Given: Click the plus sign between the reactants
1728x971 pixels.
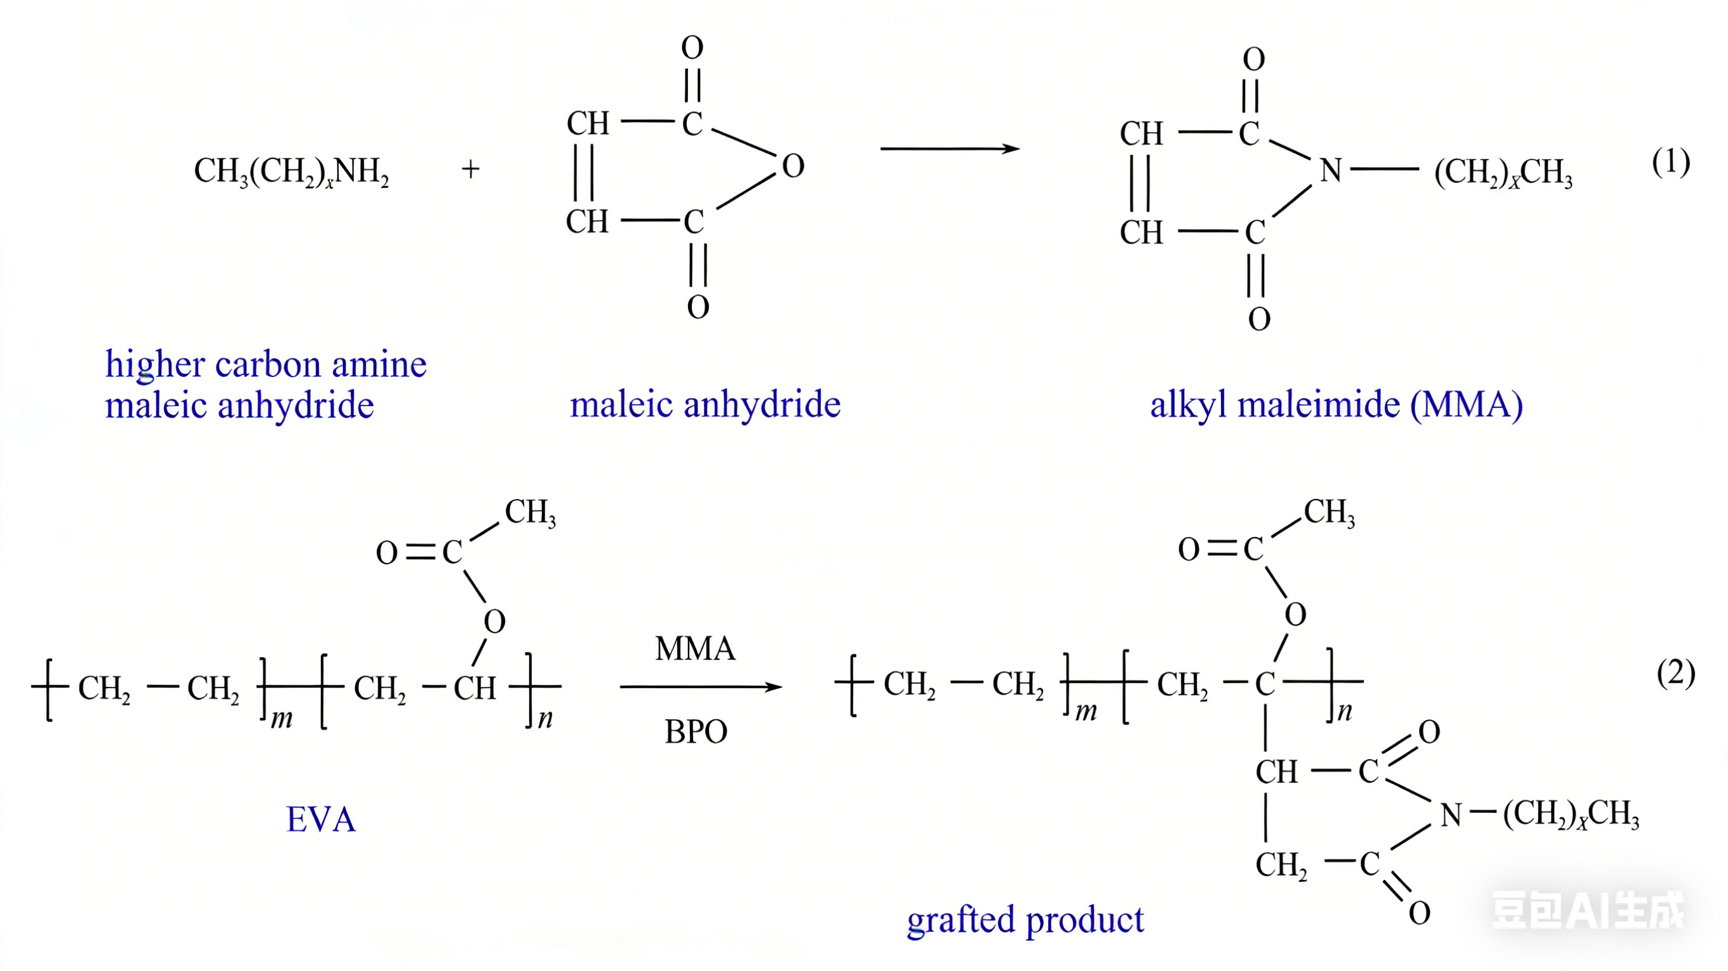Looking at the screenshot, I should pos(470,168).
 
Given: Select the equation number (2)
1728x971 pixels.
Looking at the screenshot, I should pos(1675,672).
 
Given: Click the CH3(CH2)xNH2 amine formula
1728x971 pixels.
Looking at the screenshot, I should pos(291,171).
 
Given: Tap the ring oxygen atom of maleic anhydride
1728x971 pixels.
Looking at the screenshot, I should pos(793,166).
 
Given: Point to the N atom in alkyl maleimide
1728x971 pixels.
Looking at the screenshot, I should pos(1330,170).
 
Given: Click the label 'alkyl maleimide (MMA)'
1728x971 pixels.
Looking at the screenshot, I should pos(1336,404).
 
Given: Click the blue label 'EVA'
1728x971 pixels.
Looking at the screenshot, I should pos(321,819).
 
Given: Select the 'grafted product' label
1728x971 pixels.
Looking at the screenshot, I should pos(1025,919).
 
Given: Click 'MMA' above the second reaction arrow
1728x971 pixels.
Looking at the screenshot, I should pos(695,648).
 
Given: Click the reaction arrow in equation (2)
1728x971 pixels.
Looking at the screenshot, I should pos(700,687).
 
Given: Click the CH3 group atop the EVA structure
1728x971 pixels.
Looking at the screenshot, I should pos(530,513).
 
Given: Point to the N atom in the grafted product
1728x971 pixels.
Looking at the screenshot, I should pos(1451,815).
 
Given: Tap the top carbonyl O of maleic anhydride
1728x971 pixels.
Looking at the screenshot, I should pos(692,47).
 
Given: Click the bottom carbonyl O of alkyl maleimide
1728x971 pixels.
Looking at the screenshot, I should pos(1259,319).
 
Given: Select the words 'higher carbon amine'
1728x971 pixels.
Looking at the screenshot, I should pos(266,364).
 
